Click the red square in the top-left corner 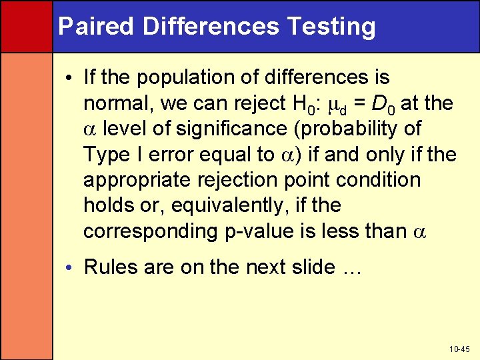[x=26, y=26]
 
